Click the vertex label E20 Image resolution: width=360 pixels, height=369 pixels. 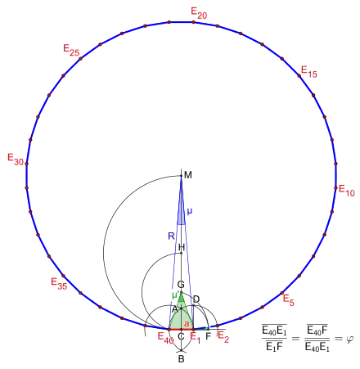pos(199,13)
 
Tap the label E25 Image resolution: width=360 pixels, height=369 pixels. pos(71,50)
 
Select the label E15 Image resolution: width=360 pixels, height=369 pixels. pos(309,72)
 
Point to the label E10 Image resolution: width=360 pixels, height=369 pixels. pos(347,191)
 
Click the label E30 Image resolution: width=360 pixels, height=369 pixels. pos(16,160)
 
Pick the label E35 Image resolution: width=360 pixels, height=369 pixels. pos(59,283)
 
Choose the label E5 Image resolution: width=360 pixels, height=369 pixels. pos(289,300)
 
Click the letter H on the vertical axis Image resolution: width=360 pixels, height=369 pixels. pos(182,247)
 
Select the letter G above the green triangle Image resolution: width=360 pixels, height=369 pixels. pos(181,285)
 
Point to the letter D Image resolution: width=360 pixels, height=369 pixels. pos(196,299)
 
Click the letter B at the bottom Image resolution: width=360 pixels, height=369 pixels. pos(181,359)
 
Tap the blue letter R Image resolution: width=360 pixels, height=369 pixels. pos(171,236)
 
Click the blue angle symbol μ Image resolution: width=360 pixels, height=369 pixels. pos(190,211)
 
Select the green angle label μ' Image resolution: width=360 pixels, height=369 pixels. pos(176,295)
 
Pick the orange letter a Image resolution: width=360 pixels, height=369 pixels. pos(187,324)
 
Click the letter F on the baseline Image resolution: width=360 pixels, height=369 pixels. pos(209,336)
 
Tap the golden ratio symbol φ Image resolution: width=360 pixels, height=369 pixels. pos(350,339)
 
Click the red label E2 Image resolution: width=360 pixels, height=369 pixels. pos(223,336)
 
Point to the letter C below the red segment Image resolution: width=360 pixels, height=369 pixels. pos(181,336)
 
